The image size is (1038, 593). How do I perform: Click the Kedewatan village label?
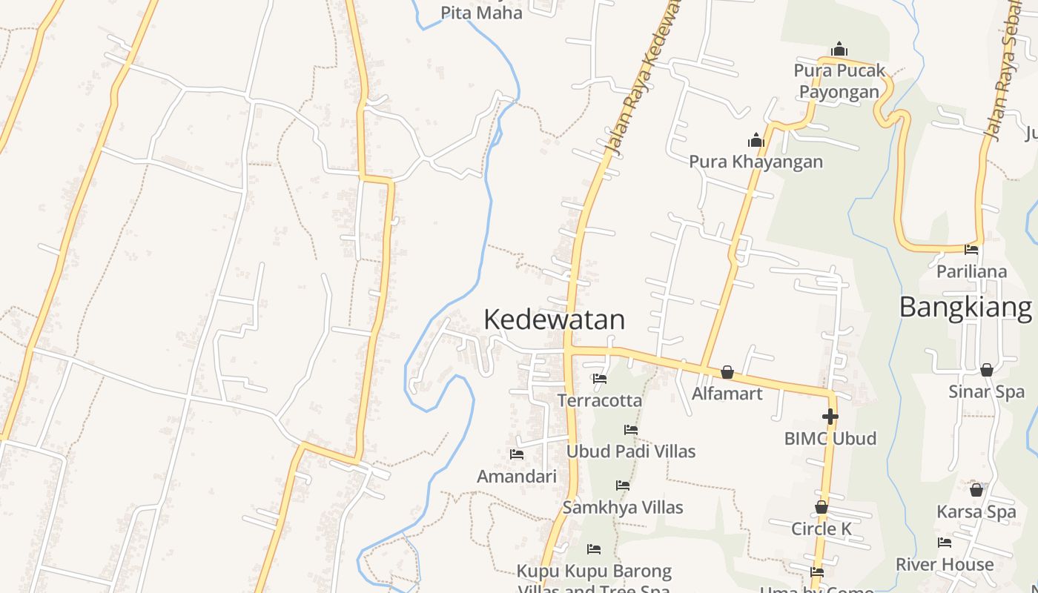click(554, 319)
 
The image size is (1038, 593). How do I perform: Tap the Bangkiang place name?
click(965, 307)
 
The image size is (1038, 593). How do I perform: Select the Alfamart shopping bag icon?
click(727, 372)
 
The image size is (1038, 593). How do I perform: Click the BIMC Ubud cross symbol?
click(830, 417)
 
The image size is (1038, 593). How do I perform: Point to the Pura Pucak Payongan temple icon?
click(839, 50)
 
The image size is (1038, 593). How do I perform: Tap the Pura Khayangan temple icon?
click(756, 140)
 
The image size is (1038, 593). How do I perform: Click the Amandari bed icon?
click(517, 454)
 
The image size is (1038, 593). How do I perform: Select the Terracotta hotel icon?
click(600, 379)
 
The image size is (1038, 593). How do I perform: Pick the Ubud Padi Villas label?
click(631, 451)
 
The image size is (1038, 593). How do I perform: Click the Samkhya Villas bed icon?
click(623, 486)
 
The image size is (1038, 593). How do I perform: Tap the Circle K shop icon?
click(822, 507)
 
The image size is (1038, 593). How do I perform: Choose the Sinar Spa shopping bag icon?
click(987, 370)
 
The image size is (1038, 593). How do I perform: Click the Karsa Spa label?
click(976, 511)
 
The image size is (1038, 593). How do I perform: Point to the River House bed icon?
click(945, 543)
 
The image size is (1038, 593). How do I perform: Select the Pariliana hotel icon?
click(971, 250)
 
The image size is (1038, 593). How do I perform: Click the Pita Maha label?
click(481, 13)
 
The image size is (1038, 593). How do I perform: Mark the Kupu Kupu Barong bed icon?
click(594, 549)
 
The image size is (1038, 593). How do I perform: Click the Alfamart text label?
click(727, 393)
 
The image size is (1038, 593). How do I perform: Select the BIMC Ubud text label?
click(830, 438)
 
